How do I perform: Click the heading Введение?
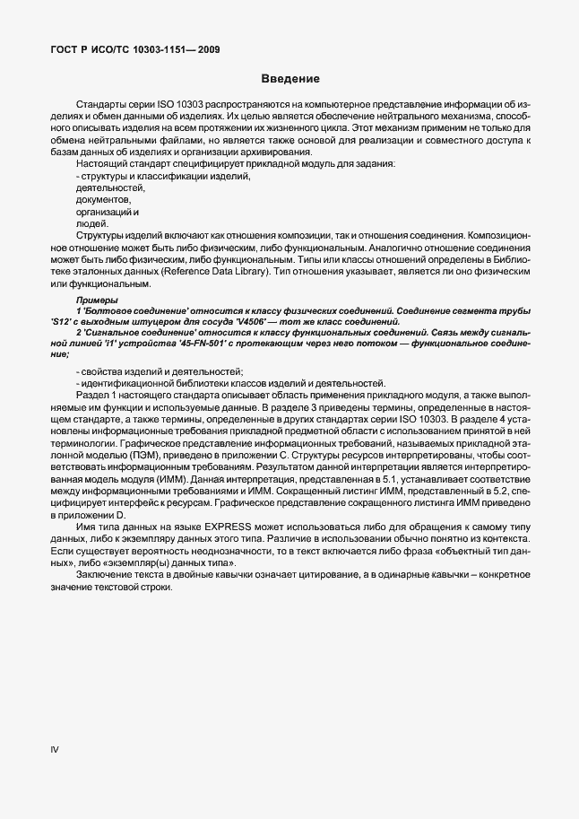pos(289,79)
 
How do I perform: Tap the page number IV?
pos(54,748)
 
